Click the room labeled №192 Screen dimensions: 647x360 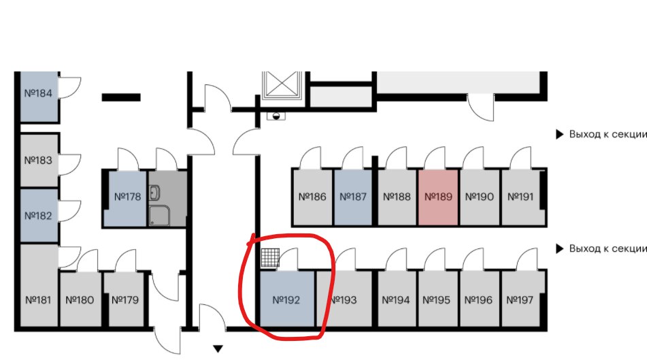tap(287, 299)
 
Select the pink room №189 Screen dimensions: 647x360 tap(438, 197)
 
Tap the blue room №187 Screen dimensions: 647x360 tap(353, 197)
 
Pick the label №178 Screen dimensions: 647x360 tap(127, 197)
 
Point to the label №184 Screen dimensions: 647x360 tap(38, 93)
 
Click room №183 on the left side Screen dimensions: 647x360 tap(39, 160)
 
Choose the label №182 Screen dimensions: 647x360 tap(38, 216)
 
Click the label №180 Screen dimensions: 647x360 tap(80, 300)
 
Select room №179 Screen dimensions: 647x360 tap(125, 299)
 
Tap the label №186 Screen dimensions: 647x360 tap(312, 197)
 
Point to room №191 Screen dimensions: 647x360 tap(521, 197)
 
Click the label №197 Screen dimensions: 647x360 tap(520, 300)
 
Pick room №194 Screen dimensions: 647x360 tap(396, 299)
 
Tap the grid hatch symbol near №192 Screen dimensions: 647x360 tap(270, 258)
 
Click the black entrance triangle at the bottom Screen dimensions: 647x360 tap(218, 349)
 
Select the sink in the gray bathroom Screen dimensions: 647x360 tap(154, 193)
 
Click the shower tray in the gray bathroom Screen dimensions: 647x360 tap(159, 216)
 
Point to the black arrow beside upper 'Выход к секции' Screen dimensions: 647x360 tap(559, 134)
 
